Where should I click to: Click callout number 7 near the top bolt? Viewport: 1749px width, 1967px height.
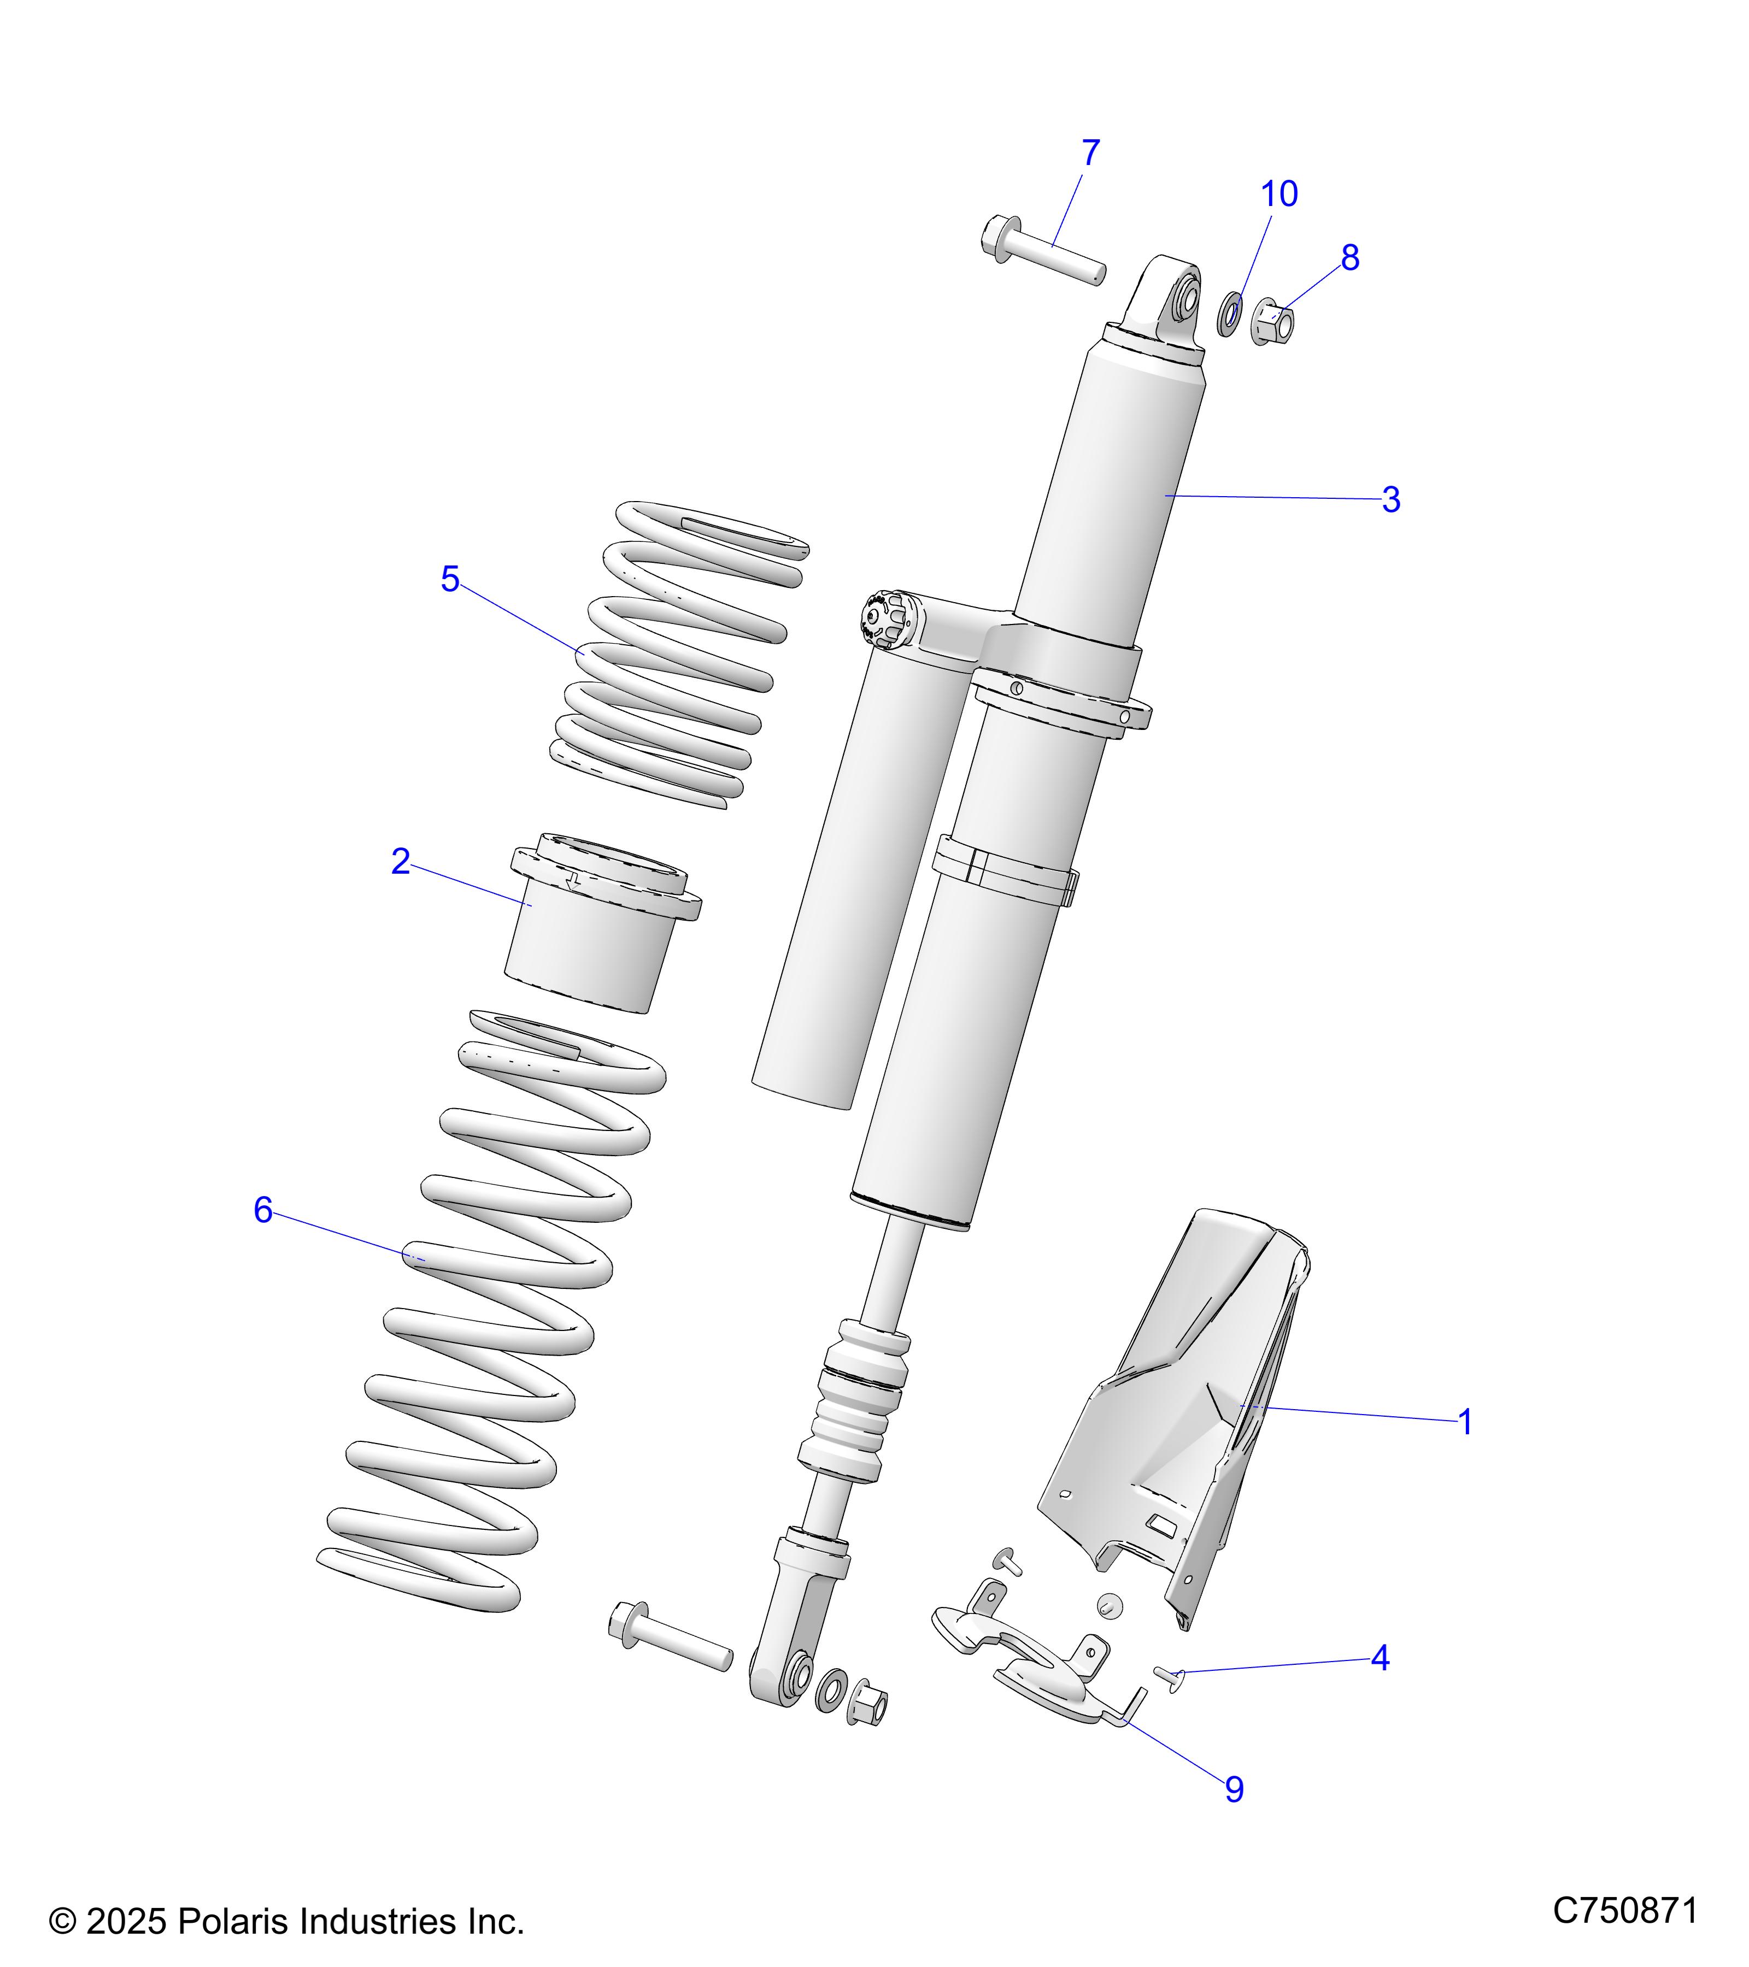pos(1090,153)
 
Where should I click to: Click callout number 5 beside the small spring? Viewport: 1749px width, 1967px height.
pos(449,579)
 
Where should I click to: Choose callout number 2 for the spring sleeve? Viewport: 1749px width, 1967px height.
pos(401,861)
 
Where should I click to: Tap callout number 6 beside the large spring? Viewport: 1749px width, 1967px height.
pos(263,1211)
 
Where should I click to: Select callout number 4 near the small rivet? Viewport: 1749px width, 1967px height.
pos(1380,1658)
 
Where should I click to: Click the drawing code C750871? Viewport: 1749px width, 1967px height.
pos(1625,1909)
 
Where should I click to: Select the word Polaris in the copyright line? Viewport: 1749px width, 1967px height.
pos(235,1922)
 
